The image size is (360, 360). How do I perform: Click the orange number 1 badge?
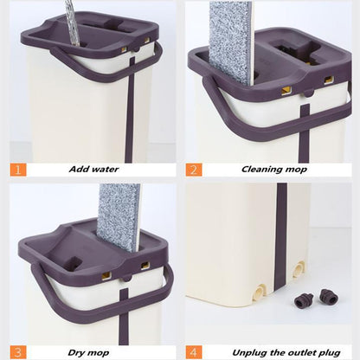[x=20, y=169]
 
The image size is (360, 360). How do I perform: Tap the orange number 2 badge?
[x=195, y=169]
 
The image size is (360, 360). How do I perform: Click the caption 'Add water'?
[x=95, y=170]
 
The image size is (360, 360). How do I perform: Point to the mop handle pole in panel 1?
[x=69, y=22]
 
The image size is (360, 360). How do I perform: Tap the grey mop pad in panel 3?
[x=119, y=216]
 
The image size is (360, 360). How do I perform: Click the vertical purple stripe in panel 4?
[x=281, y=251]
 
